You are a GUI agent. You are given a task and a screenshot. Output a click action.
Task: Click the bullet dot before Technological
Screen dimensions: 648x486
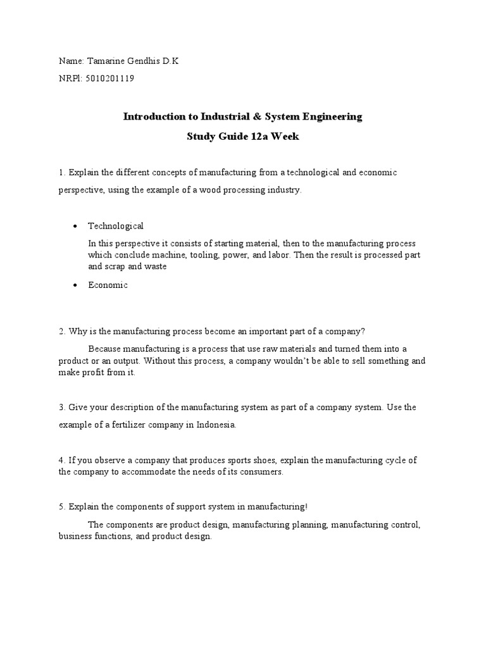tap(75, 227)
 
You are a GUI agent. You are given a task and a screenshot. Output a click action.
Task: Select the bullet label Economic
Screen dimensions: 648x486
tap(108, 285)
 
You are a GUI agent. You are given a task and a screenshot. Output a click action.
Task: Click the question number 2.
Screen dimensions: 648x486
tap(61, 332)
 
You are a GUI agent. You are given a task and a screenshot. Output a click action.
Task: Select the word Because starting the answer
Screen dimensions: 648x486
tap(104, 349)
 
